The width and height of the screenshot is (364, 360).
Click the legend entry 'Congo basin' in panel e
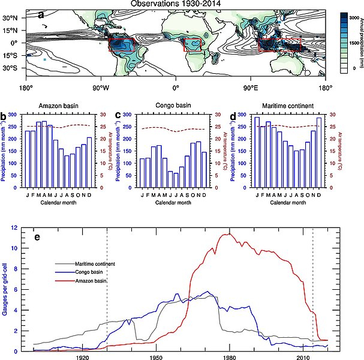point(91,273)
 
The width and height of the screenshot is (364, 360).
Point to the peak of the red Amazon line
point(227,234)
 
